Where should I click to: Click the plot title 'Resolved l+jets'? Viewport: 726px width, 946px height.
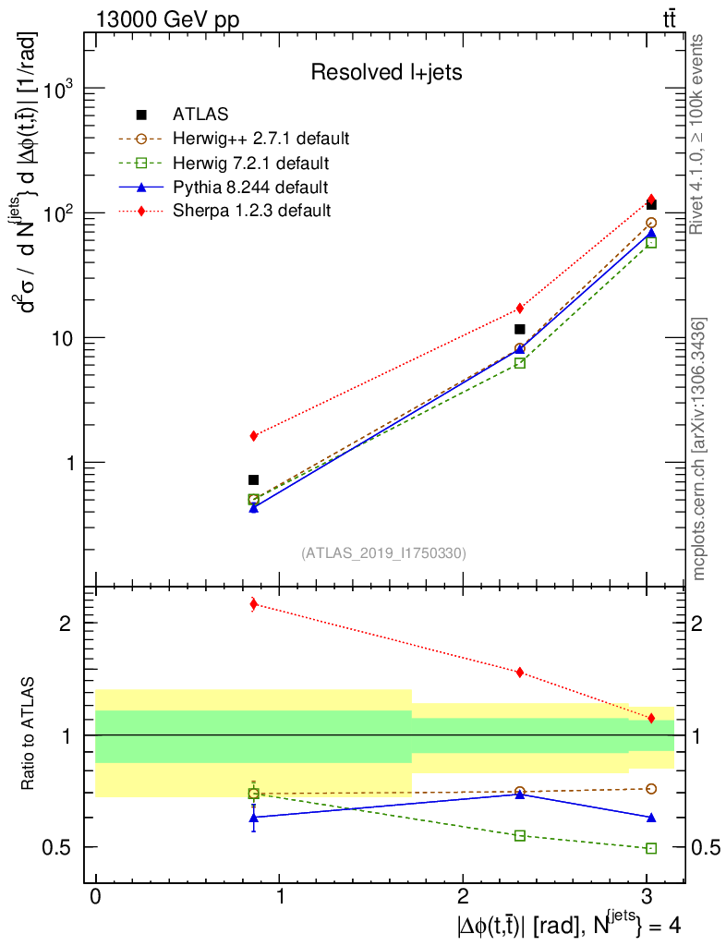[x=385, y=72]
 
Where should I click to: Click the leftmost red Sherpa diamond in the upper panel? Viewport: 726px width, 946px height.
[x=254, y=435]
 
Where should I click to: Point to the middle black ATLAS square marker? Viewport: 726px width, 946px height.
[x=520, y=329]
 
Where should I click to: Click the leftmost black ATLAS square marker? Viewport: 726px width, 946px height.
[x=254, y=479]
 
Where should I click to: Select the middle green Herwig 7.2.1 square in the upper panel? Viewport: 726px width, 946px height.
[x=520, y=363]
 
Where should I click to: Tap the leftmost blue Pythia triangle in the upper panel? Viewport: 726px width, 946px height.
[x=254, y=507]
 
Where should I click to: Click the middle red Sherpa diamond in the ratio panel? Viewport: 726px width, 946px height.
[x=520, y=672]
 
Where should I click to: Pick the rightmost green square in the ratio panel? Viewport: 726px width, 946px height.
[x=651, y=848]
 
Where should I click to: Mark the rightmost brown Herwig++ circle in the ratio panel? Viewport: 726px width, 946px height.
[x=651, y=789]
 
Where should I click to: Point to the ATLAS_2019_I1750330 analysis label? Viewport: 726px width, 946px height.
[x=384, y=553]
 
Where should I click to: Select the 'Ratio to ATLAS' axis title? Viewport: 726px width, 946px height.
[x=29, y=734]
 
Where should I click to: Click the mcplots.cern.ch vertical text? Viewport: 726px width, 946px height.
[x=700, y=449]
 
